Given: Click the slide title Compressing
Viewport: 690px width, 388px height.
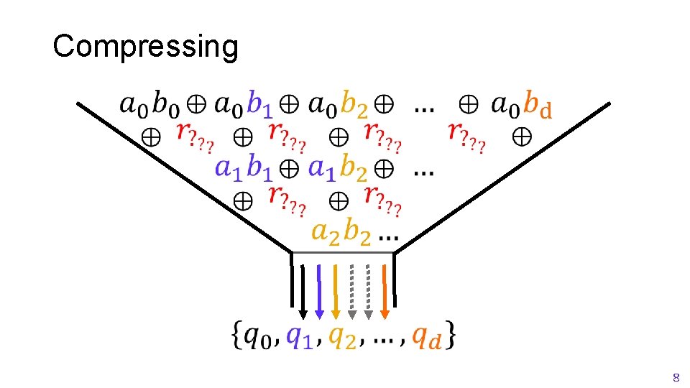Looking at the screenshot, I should [x=145, y=47].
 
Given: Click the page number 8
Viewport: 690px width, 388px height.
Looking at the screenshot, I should [x=675, y=377].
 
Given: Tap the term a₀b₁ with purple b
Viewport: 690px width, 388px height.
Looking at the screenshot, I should [x=244, y=105].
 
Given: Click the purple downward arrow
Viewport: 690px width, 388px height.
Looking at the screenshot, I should [x=319, y=292].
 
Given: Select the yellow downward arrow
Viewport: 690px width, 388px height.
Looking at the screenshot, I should [x=336, y=292].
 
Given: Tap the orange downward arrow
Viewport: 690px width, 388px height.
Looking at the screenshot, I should [x=385, y=292].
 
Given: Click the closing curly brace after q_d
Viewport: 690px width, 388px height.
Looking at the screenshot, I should [x=451, y=335].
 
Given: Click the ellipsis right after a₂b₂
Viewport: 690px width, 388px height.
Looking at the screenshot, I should [x=389, y=236].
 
